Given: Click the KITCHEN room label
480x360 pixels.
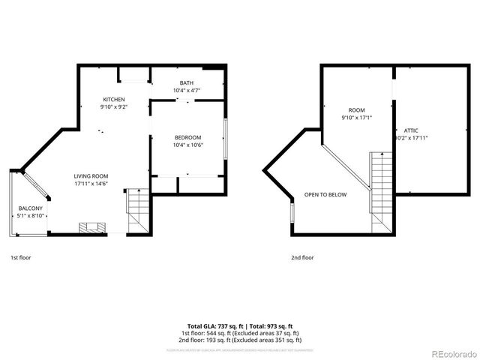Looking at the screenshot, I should [x=114, y=99].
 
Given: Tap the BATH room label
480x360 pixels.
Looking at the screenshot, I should [x=187, y=82].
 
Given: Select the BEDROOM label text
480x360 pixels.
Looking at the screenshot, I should [x=187, y=137].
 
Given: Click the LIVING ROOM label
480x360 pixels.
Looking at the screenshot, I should [x=91, y=176].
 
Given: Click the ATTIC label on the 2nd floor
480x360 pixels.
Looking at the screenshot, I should [x=401, y=130].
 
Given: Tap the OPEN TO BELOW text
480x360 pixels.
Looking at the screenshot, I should [x=325, y=194].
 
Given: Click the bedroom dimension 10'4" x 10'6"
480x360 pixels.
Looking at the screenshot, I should [x=187, y=145].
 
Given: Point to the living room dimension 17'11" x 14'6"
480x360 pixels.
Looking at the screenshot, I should [x=91, y=184].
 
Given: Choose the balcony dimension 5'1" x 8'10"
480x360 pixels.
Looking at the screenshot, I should [x=31, y=216].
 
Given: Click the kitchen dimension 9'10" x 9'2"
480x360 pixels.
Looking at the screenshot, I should [x=114, y=107].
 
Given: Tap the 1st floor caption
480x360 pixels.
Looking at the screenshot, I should [x=21, y=257].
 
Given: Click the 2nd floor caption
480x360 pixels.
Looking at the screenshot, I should [x=302, y=257].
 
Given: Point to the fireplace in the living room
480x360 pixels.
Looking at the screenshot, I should [x=94, y=227].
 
